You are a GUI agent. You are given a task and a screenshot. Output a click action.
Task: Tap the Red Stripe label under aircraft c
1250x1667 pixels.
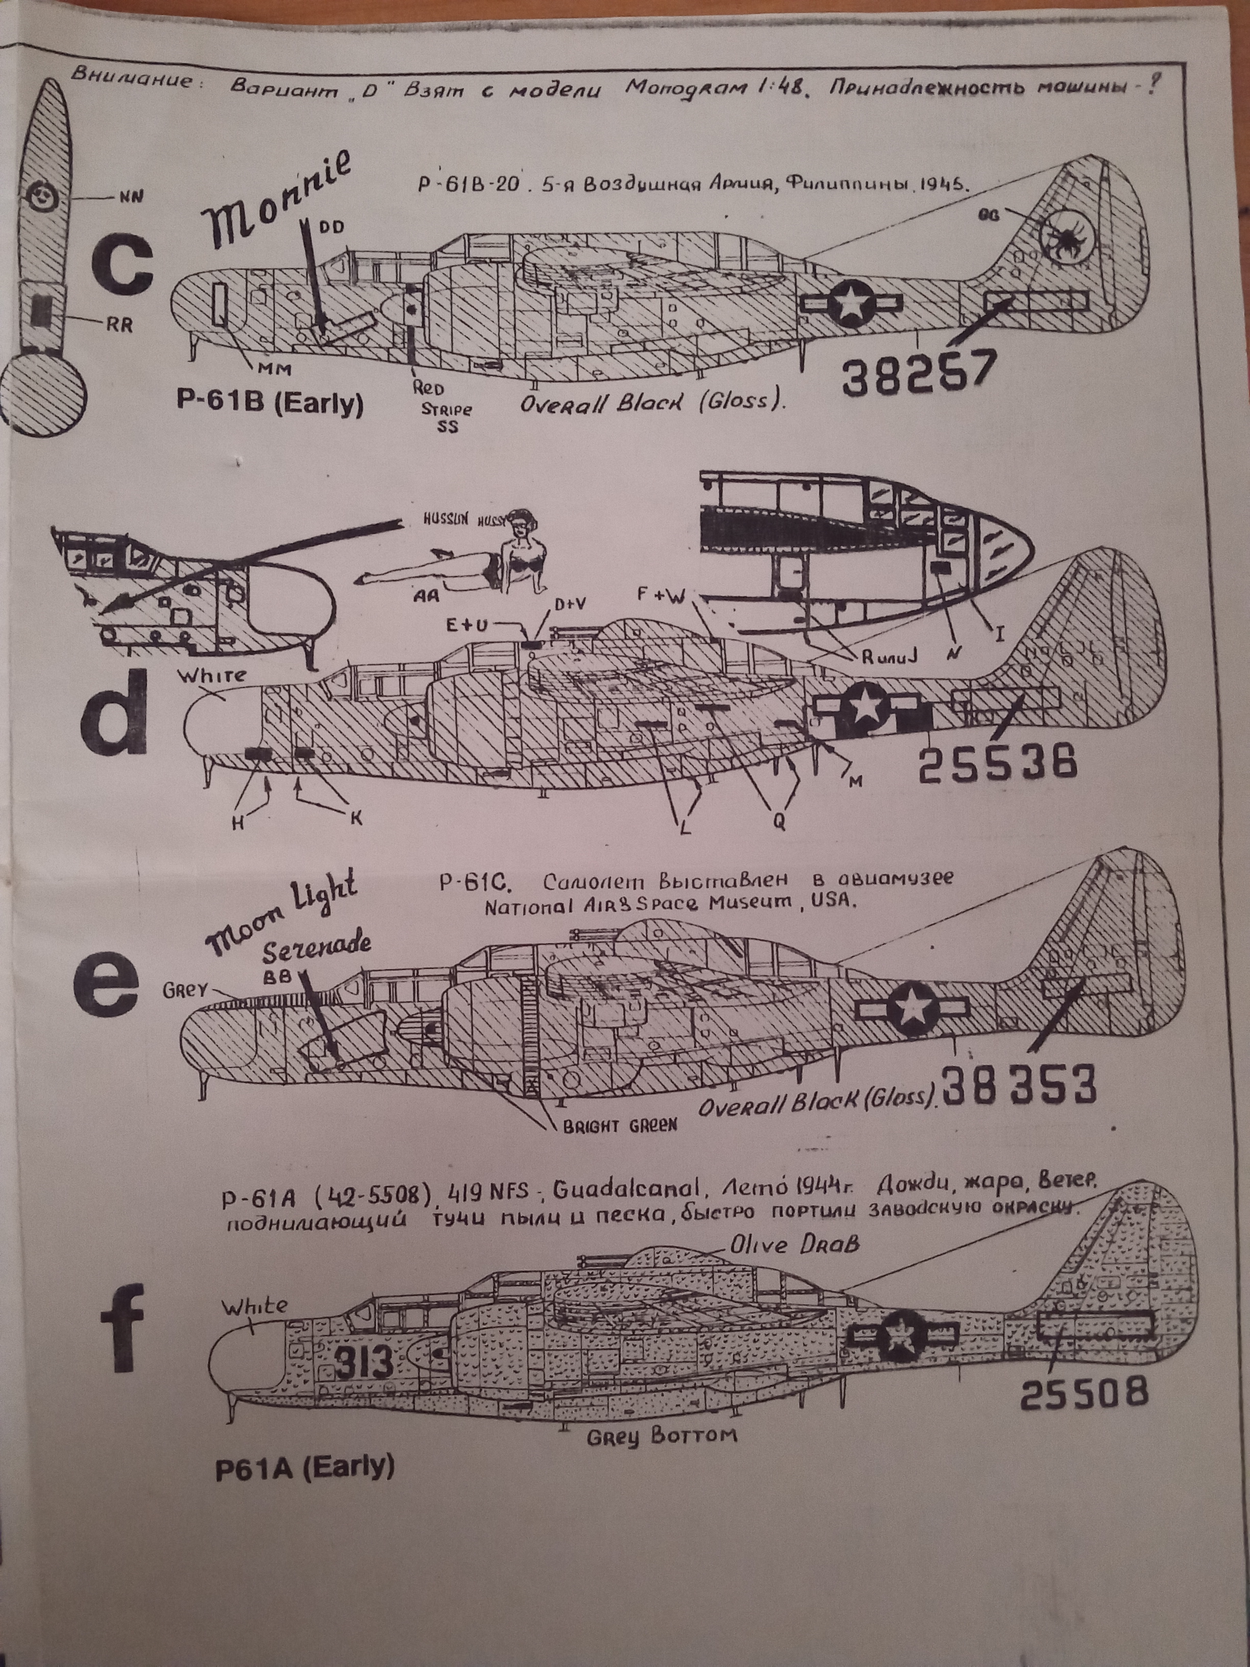pyautogui.click(x=445, y=408)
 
